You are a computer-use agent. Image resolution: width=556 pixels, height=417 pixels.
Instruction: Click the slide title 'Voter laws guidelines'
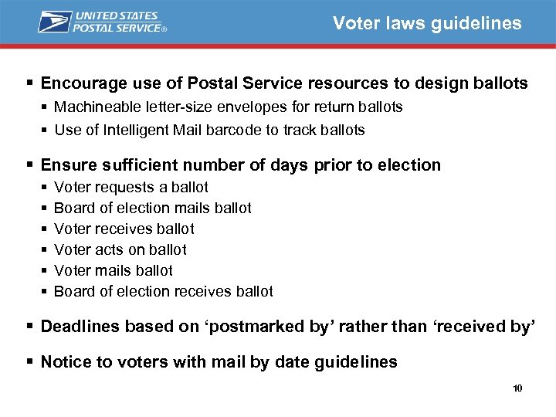point(427,23)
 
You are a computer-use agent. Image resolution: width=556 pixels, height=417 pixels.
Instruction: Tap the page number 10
point(517,388)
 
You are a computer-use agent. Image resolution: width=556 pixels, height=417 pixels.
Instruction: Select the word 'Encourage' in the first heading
point(79,83)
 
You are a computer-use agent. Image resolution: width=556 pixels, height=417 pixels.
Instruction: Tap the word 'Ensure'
point(66,164)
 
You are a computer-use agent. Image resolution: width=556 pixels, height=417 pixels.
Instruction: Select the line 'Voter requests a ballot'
point(131,187)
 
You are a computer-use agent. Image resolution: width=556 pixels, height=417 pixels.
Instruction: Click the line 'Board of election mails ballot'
point(153,208)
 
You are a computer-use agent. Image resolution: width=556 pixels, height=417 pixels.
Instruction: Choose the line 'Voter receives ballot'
point(124,229)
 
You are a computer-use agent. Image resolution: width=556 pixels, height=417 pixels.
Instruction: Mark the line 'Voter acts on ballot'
point(120,249)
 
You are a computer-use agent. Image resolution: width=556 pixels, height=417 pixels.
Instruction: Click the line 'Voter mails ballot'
point(114,270)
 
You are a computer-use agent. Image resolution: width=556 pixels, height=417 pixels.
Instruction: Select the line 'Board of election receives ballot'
point(164,291)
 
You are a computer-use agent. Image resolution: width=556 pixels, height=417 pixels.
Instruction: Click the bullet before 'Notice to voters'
point(30,361)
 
